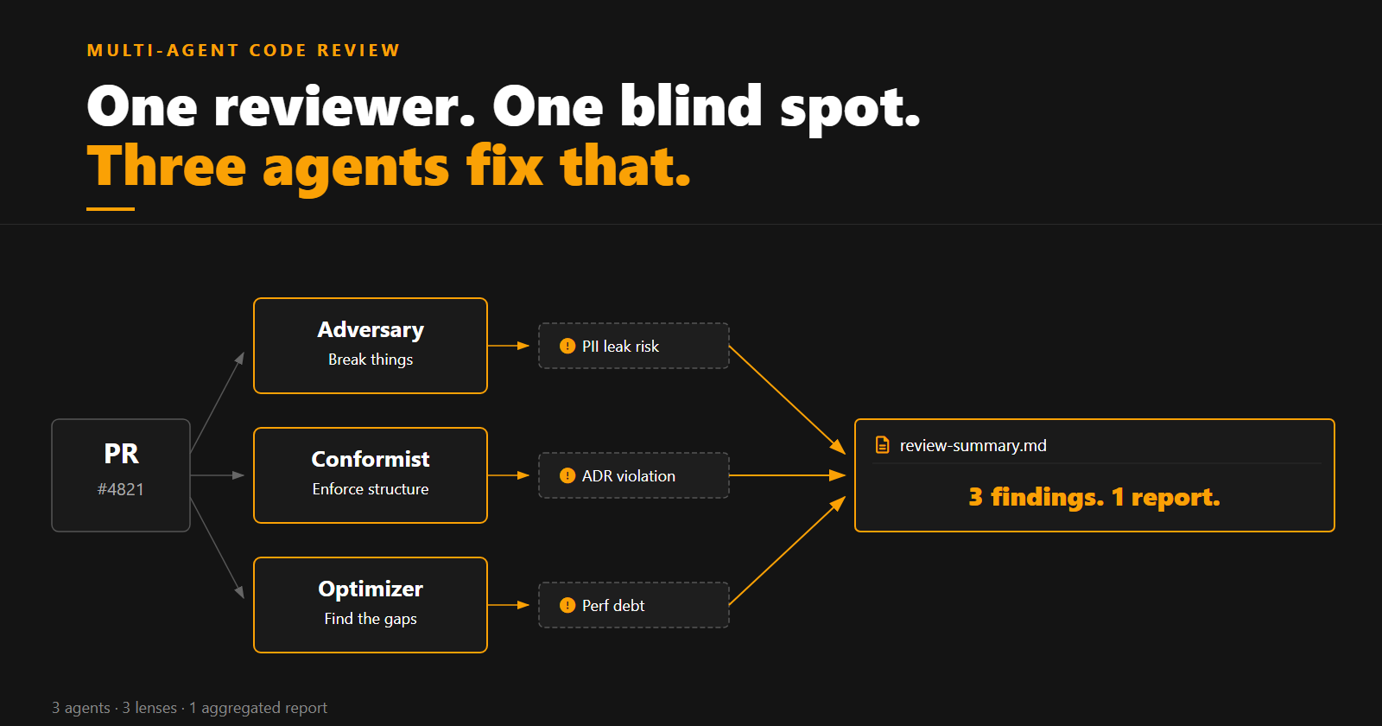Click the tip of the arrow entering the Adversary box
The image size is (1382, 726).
244,352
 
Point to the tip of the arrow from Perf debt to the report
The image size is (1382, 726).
846,497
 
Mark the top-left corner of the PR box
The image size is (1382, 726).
52,420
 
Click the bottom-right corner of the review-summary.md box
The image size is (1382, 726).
1334,531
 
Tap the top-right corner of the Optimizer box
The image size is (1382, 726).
487,558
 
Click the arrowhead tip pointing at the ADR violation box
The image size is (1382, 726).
529,475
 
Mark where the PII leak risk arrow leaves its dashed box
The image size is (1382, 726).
729,347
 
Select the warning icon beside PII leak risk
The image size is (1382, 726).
567,346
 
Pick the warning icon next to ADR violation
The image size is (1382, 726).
567,475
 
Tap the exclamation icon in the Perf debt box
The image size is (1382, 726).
567,605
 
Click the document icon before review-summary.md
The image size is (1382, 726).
882,445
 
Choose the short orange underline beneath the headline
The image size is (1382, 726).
111,209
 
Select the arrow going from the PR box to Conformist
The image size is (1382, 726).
217,475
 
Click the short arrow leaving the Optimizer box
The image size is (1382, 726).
509,605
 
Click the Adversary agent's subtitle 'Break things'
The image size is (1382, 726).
371,360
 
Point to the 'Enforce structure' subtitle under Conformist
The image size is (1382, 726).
371,489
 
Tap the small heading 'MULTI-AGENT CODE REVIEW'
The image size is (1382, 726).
244,51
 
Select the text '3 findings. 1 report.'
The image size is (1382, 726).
1094,498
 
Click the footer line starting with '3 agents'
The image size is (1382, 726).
189,708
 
